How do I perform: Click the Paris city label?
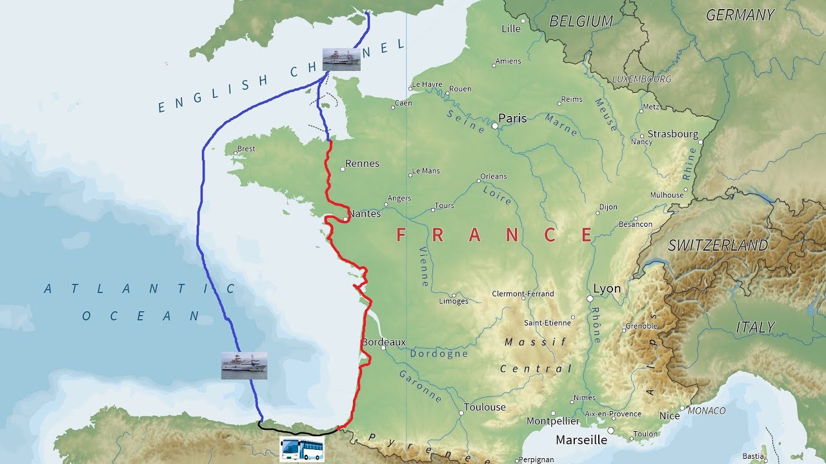pos(512,119)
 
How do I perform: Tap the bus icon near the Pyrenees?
pos(302,449)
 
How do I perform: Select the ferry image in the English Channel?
pos(341,59)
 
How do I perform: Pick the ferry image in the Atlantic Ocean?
pos(244,365)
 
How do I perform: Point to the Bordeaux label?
pos(384,342)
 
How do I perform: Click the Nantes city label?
pos(365,213)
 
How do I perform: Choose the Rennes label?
pos(362,164)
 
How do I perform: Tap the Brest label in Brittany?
pos(246,149)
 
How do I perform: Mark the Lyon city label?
pos(607,289)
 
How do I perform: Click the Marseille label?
pos(581,440)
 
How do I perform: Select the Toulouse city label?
pos(485,407)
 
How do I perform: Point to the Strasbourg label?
pos(672,134)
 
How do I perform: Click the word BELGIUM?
pos(581,21)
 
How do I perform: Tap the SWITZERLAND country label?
pos(718,246)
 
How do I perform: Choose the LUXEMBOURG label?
pos(641,79)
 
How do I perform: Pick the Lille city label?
pos(510,28)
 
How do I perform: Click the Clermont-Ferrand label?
pos(523,294)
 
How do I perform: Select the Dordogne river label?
pos(439,354)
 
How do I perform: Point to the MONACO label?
pos(707,411)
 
